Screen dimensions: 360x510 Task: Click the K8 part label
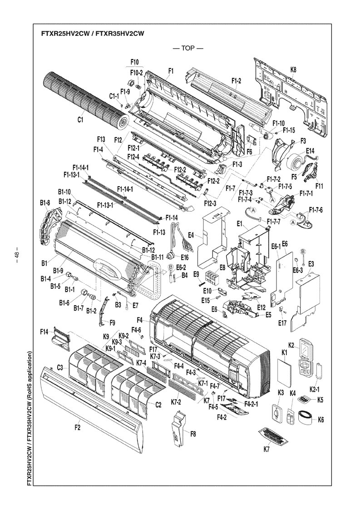[293, 69]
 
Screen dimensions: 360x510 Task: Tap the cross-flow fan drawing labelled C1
[86, 99]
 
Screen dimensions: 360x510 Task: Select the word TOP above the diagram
[188, 48]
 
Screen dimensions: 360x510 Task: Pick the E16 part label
[184, 257]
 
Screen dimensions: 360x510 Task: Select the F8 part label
[193, 433]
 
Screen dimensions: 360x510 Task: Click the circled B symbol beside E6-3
[302, 251]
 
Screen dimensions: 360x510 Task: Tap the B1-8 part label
[45, 203]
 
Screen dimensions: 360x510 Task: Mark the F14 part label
[44, 332]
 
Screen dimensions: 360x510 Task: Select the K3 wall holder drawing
[277, 414]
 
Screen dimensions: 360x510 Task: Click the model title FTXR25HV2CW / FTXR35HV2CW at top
[92, 33]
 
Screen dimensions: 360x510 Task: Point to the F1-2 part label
[237, 81]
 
